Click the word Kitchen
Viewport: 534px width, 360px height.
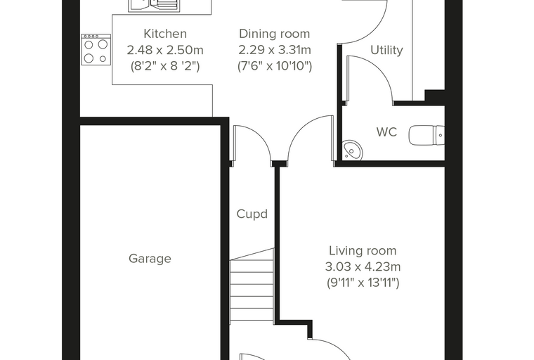coord(165,34)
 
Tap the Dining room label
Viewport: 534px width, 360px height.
coord(275,34)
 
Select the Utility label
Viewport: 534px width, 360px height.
coord(386,50)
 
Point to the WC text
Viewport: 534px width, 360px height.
coord(386,132)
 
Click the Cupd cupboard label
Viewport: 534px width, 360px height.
coord(252,214)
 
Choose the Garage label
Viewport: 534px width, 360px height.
coord(150,259)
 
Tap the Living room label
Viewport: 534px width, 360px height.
coord(363,251)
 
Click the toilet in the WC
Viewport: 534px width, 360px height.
coord(426,135)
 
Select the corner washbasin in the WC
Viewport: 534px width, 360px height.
coord(353,150)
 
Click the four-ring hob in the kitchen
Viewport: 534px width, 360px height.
coord(96,50)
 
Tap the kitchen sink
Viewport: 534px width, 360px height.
coord(154,6)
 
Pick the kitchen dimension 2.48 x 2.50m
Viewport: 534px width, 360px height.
coord(165,50)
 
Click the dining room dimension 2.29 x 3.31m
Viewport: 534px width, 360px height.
coord(275,50)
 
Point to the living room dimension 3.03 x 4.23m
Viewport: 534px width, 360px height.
coord(363,266)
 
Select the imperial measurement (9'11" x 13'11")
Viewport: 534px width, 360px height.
coord(363,283)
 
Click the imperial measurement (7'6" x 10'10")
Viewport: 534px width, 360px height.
coord(275,66)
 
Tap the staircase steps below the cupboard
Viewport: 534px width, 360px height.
coord(252,285)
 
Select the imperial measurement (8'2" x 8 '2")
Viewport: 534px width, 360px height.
coord(165,66)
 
